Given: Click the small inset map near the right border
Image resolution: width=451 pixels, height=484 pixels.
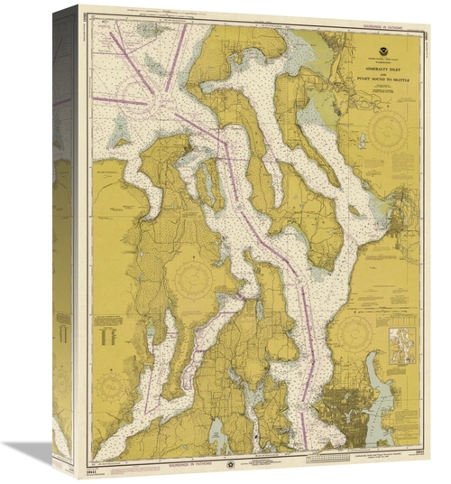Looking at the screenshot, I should tap(404, 347).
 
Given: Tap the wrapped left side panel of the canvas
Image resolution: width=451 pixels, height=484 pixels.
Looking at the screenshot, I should tap(64, 244).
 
